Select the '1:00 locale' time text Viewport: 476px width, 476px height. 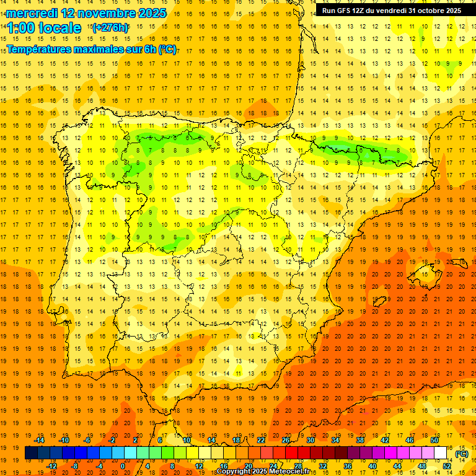[44, 28]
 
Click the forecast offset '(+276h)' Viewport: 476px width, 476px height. [110, 28]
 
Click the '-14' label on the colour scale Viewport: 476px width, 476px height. [39, 440]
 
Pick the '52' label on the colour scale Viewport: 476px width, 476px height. [447, 466]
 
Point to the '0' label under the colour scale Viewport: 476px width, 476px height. [123, 466]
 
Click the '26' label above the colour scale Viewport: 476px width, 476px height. [286, 440]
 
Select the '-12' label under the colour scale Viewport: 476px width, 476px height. [51, 466]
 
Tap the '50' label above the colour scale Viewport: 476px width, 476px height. [434, 440]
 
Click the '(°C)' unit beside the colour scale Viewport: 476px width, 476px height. [462, 454]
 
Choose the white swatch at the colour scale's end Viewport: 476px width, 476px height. [441, 453]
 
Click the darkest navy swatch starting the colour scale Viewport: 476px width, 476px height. [31, 453]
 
